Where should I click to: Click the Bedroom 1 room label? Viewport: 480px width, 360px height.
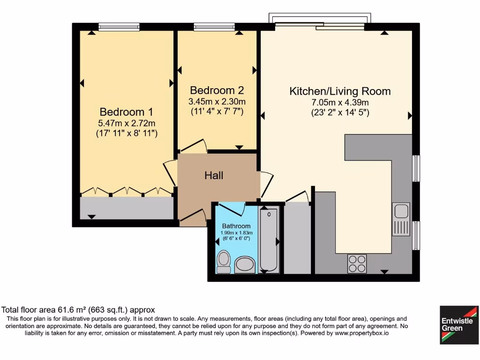tap(126, 112)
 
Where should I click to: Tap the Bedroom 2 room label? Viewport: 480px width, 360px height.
tap(217, 90)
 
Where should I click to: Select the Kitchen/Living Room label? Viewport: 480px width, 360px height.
tap(340, 91)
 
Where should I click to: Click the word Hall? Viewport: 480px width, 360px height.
tap(214, 176)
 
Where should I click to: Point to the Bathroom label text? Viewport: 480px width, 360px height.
tap(236, 226)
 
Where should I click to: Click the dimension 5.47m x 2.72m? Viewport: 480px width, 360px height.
tap(126, 123)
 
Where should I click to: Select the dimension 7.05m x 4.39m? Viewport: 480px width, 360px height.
tap(340, 102)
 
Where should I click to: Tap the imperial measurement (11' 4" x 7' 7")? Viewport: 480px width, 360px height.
tap(217, 112)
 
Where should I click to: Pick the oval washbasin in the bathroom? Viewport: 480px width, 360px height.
tap(245, 264)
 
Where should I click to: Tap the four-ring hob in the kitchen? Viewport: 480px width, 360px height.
tap(357, 263)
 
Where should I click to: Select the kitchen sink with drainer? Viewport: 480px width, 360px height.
tap(401, 219)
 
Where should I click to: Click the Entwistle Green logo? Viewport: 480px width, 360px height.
tap(459, 325)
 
